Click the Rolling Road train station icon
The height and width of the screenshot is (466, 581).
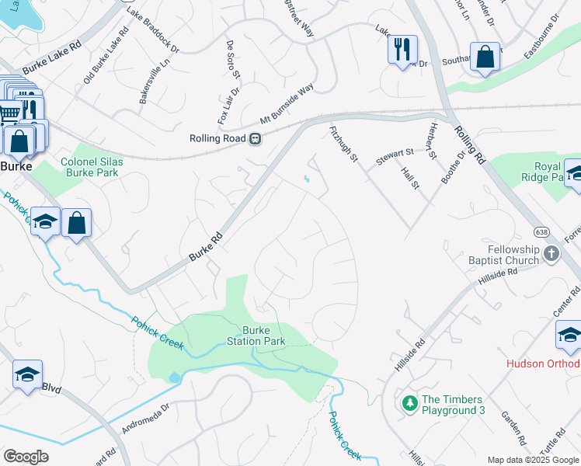254,139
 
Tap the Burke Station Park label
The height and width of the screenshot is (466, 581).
256,336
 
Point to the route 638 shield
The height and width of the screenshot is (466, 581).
542,231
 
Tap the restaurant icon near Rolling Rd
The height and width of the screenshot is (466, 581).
402,49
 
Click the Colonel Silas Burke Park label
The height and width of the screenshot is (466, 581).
90,167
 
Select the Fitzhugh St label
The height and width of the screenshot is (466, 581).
343,144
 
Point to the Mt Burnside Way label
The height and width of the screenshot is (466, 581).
287,105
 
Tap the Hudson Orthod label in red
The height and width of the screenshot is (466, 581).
543,363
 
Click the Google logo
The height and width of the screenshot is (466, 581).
26,456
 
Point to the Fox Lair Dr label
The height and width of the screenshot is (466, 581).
228,106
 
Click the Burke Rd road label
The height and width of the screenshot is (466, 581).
206,246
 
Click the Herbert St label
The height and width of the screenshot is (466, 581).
433,141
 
